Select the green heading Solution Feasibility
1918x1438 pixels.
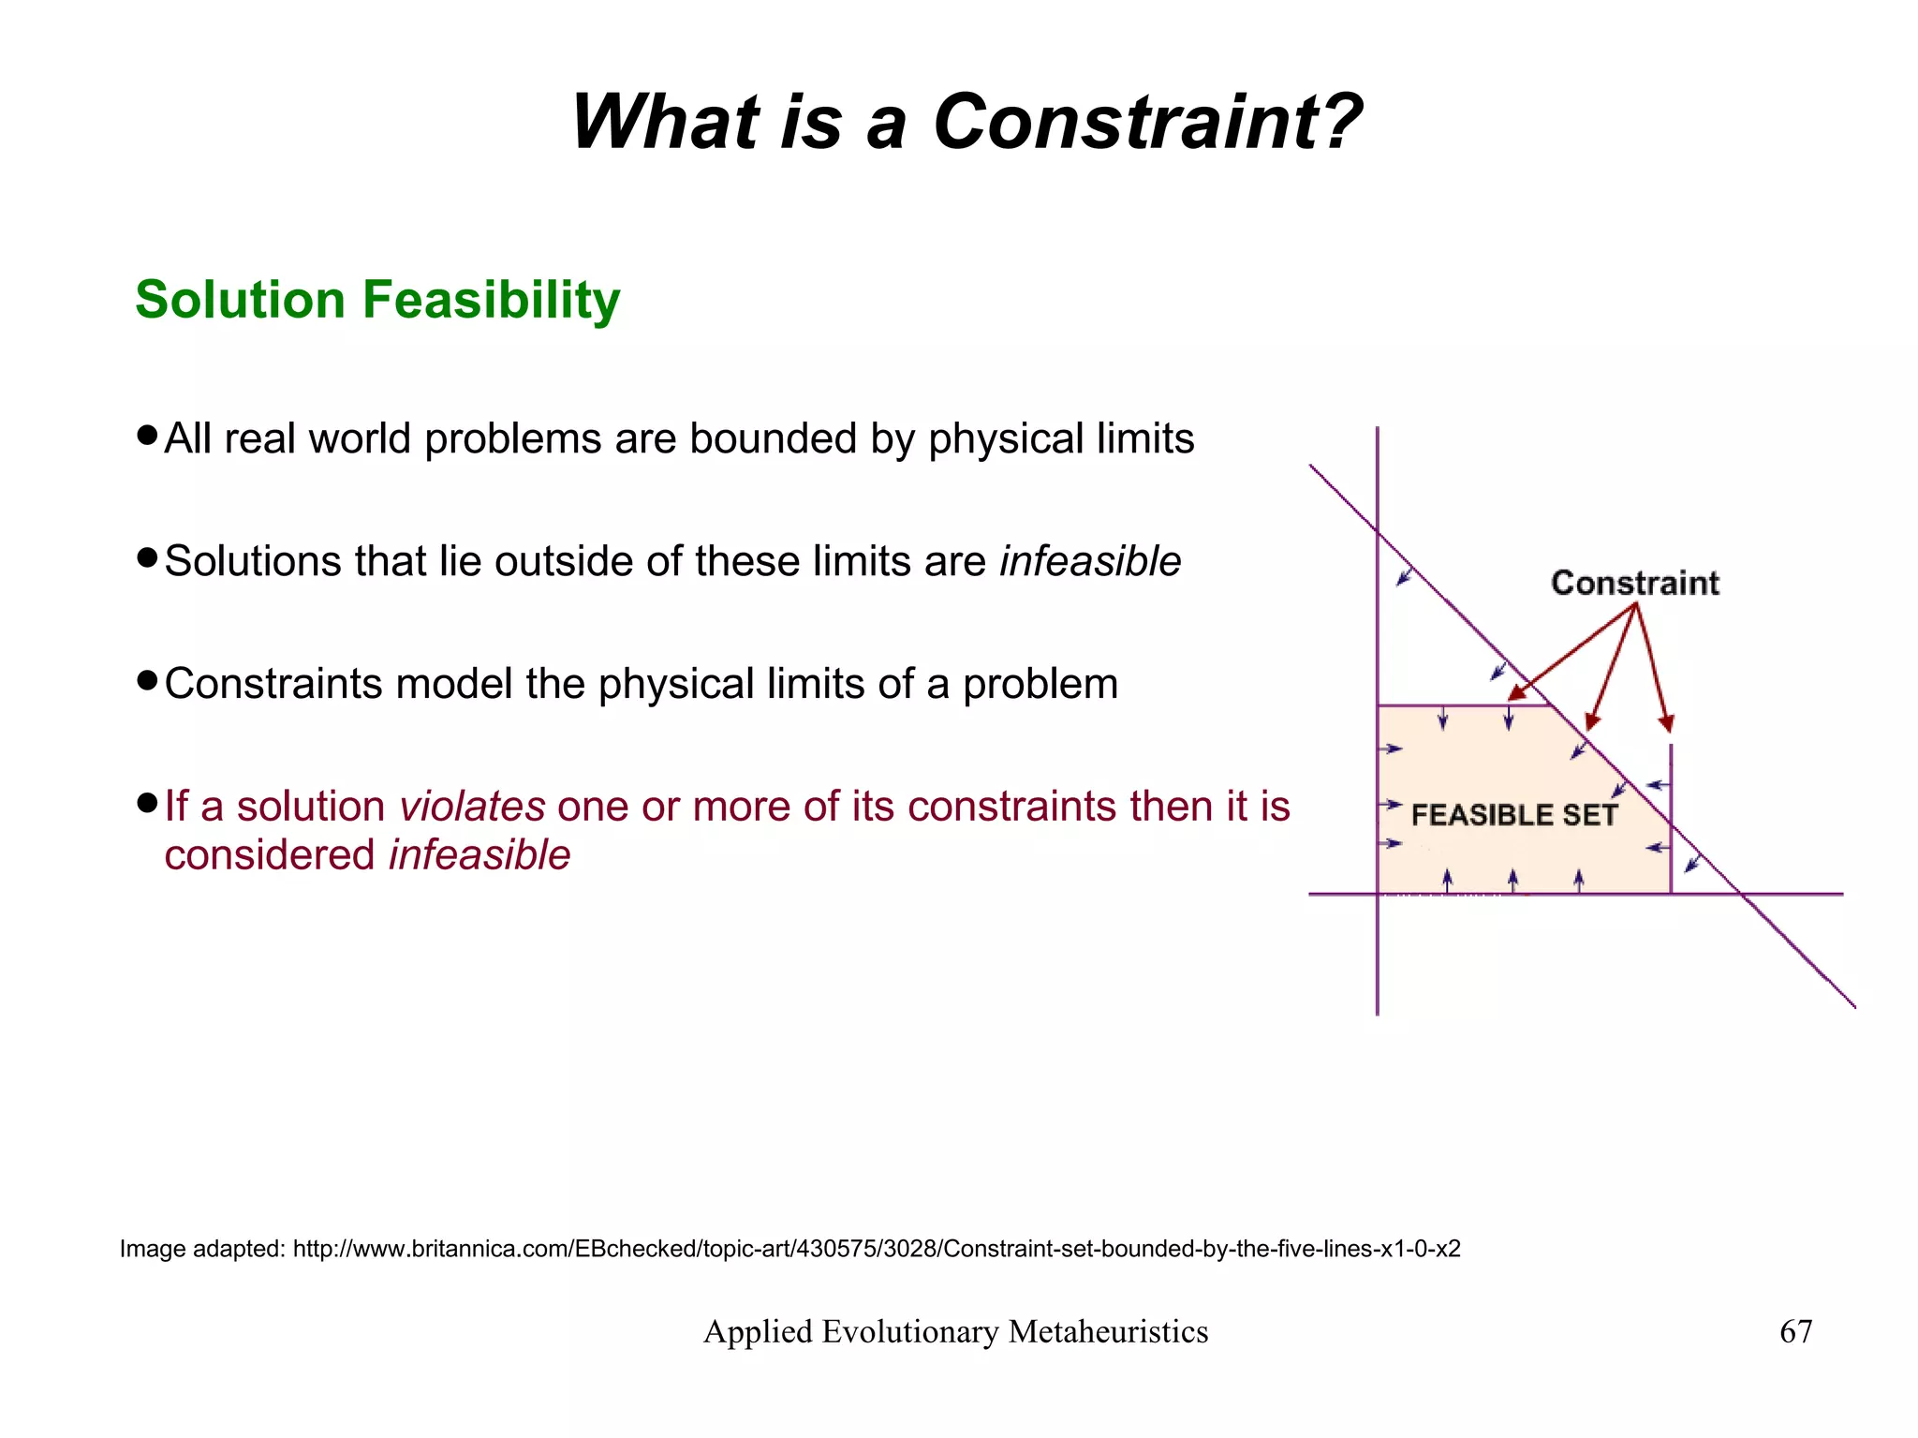coord(377,300)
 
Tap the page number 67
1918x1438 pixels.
coord(1795,1331)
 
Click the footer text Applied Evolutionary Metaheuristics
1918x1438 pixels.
coord(955,1331)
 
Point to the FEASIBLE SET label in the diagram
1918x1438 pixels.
coord(1513,815)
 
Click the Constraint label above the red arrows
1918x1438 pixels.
coord(1635,583)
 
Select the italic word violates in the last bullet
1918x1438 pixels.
coord(472,807)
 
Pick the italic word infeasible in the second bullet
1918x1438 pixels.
coord(1089,562)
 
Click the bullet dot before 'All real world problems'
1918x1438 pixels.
coord(146,436)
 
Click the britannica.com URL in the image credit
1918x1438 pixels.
coord(877,1249)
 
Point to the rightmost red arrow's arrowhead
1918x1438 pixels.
coord(1666,722)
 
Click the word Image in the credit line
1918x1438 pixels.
coord(153,1249)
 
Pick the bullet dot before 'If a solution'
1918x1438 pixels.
coord(146,803)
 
